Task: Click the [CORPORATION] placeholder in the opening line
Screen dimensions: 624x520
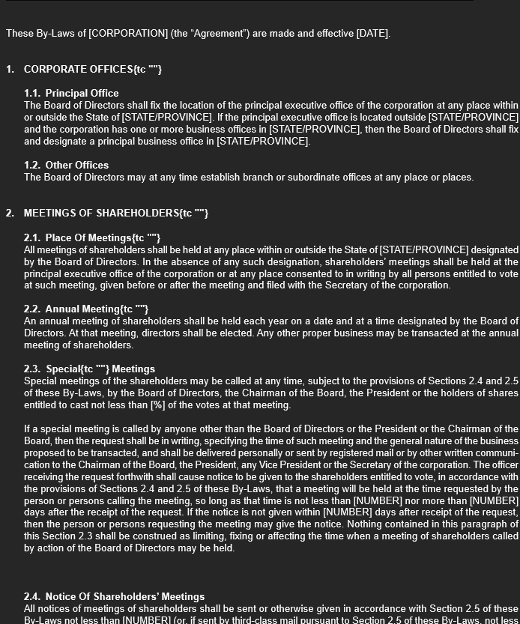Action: point(128,34)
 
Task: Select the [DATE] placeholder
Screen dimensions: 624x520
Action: point(372,34)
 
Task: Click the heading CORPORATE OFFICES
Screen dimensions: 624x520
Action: point(79,70)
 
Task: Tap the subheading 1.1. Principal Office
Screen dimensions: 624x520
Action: point(71,94)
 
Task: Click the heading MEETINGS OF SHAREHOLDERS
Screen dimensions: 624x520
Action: point(101,213)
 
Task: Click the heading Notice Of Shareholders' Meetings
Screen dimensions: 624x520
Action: point(114,597)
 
